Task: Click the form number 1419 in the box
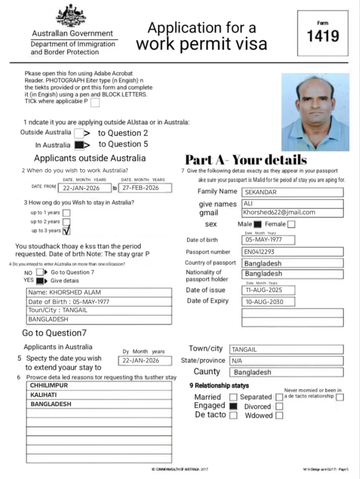tap(323, 36)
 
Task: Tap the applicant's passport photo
tap(315, 112)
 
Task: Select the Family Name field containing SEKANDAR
tap(292, 192)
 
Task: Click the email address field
tap(292, 212)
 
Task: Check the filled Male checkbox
tap(257, 225)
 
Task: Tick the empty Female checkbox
tap(291, 225)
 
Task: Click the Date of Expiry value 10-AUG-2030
tap(268, 302)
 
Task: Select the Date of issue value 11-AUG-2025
tap(268, 290)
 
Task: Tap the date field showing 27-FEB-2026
tap(145, 188)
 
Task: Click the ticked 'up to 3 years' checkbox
tap(66, 230)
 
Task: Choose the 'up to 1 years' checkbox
tap(66, 213)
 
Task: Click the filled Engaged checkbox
tap(233, 406)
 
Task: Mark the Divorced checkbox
tap(279, 406)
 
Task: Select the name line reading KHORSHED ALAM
tap(99, 292)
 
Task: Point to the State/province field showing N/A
tap(286, 361)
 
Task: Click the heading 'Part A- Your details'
tap(246, 160)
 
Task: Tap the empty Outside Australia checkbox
tap(79, 133)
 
